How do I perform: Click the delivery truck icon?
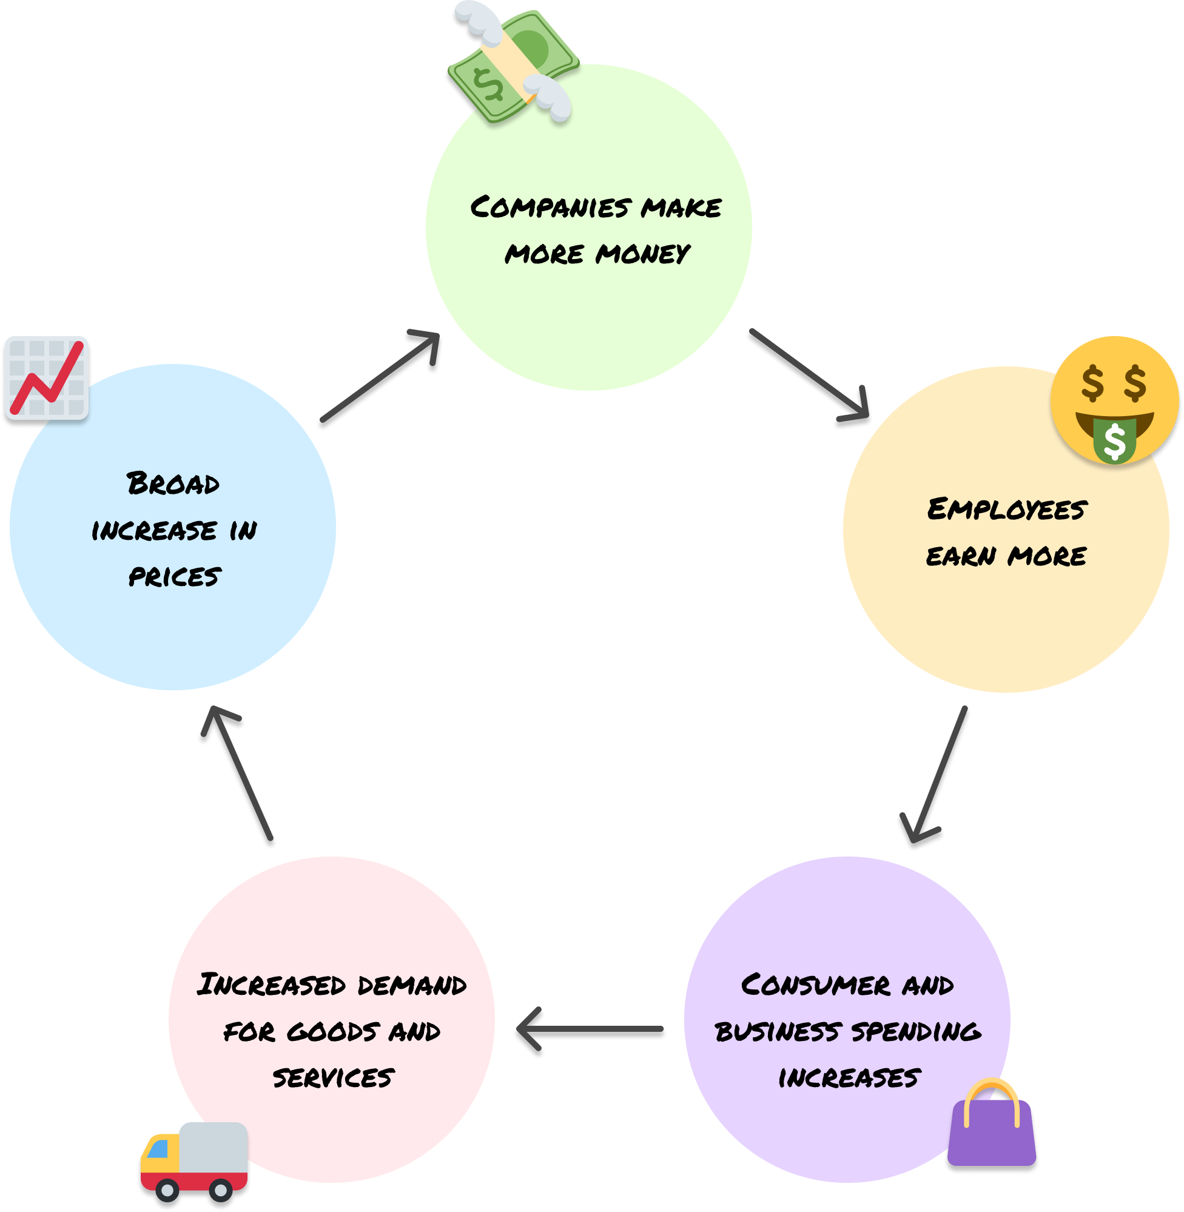pos(194,1163)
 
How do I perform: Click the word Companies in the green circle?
pos(550,207)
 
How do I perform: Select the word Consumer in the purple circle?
pos(815,985)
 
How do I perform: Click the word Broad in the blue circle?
pos(173,484)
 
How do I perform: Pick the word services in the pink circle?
pos(334,1078)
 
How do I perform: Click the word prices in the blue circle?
pos(174,576)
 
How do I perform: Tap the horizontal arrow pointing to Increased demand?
pos(591,1032)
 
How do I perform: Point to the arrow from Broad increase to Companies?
pos(379,379)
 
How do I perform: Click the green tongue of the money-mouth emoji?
pos(1114,440)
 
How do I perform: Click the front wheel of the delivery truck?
pos(167,1190)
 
